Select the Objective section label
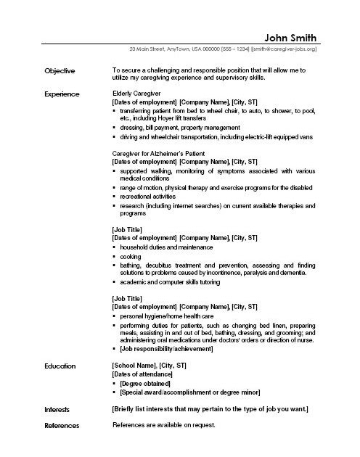pos(60,71)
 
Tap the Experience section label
pos(62,94)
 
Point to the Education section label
pos(60,366)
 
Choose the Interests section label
pos(57,410)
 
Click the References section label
pos(62,425)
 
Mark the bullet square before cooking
pos(115,256)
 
